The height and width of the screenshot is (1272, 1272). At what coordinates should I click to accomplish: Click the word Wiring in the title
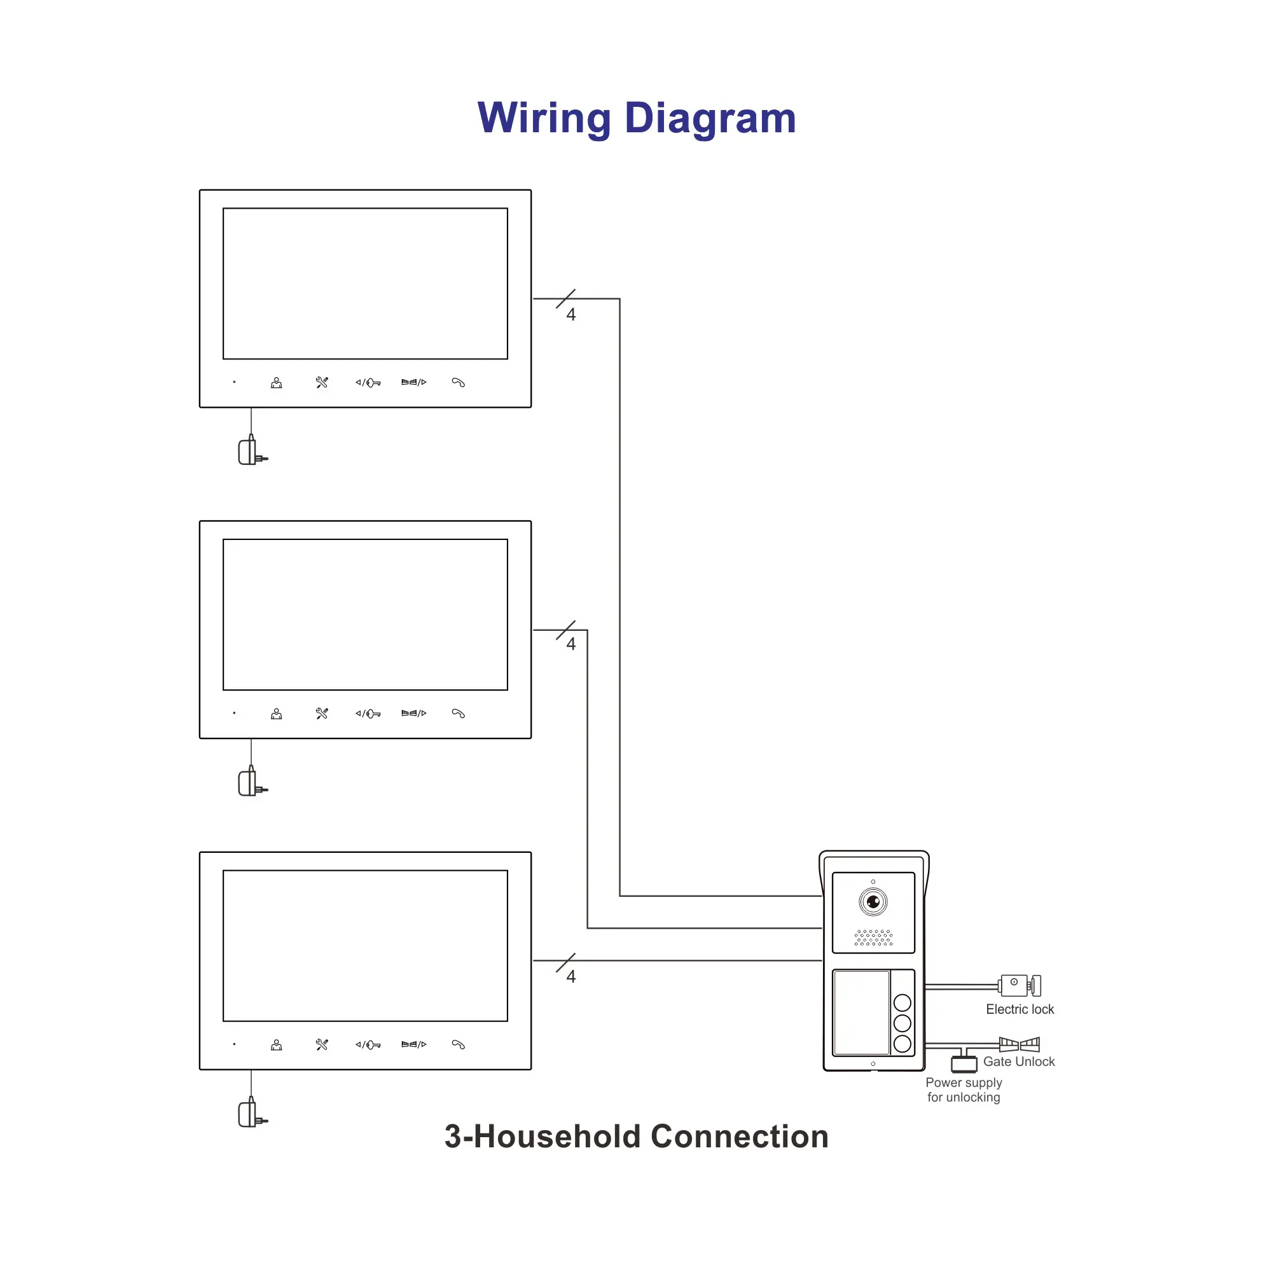[x=544, y=118]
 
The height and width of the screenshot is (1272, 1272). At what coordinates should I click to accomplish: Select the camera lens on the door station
[x=873, y=901]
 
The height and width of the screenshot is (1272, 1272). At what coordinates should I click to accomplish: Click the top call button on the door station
[x=902, y=1003]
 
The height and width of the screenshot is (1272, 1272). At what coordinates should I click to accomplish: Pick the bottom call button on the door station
[x=902, y=1044]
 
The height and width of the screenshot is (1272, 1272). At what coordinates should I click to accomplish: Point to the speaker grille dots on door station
[x=873, y=937]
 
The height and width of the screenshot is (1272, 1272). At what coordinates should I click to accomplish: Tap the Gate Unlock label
[x=1018, y=1061]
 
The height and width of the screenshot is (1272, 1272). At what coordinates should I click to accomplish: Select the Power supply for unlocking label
[x=963, y=1089]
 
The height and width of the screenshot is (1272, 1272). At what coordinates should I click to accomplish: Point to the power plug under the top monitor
[x=250, y=452]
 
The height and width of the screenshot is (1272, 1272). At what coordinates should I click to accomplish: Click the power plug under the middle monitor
[x=250, y=784]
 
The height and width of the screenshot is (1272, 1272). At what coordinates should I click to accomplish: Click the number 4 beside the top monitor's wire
[x=571, y=315]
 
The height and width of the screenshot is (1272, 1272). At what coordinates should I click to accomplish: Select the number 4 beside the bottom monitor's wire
[x=571, y=976]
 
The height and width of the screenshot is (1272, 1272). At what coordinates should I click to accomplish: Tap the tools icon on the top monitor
[x=322, y=382]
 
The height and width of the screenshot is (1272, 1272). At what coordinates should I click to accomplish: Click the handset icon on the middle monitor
[x=458, y=714]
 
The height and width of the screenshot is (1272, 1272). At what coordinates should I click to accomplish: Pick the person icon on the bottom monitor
[x=277, y=1045]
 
